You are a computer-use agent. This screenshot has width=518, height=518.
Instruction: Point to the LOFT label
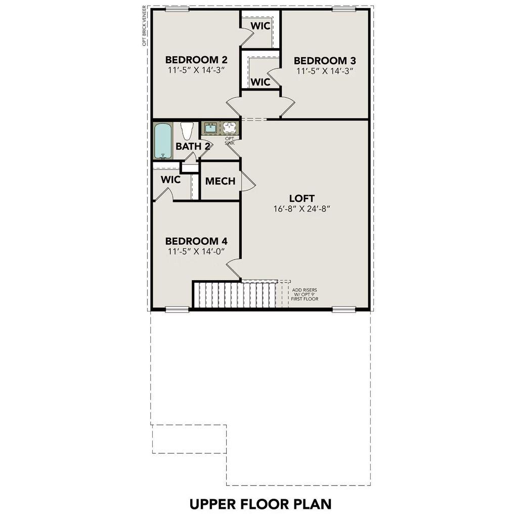302,198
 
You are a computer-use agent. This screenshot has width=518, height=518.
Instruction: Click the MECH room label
220,181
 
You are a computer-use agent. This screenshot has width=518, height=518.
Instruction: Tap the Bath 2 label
193,146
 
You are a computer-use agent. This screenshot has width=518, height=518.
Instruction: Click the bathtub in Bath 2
163,140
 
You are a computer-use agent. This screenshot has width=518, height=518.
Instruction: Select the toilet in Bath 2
186,131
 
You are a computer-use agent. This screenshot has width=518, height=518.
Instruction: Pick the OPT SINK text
229,141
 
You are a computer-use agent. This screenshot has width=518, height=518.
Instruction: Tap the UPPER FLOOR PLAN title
260,504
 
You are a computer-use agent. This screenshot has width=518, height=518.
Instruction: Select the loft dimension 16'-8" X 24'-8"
303,208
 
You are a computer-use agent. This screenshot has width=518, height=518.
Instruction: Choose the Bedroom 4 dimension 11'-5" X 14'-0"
195,250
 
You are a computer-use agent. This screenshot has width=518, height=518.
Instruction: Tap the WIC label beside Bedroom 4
170,180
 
